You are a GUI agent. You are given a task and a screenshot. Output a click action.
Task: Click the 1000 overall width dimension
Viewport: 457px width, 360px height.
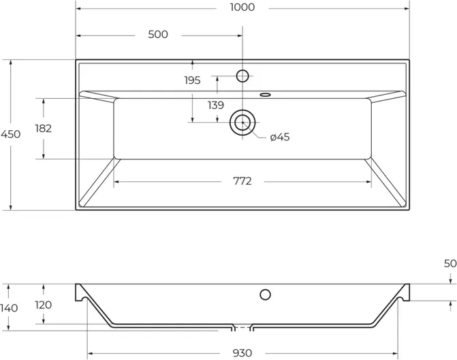pos(242,7)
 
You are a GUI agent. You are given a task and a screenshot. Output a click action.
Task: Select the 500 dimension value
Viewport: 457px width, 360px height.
pos(158,34)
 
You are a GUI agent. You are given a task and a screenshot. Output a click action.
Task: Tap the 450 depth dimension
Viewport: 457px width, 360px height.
pos(10,134)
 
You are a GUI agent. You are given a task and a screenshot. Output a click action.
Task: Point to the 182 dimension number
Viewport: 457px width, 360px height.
pos(44,128)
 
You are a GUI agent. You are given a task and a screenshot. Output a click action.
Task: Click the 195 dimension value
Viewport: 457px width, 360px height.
pos(192,80)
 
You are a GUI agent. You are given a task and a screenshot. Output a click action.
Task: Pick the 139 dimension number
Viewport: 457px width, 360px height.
pos(216,105)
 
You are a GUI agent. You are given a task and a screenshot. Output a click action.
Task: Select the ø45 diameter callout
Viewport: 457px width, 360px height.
pos(280,137)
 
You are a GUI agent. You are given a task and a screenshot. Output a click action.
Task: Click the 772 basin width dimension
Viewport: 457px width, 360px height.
pos(242,181)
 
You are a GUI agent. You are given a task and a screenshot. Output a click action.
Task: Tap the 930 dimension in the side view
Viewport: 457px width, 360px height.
pos(242,353)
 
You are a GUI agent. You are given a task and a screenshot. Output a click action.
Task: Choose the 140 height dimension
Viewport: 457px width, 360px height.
pos(9,307)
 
